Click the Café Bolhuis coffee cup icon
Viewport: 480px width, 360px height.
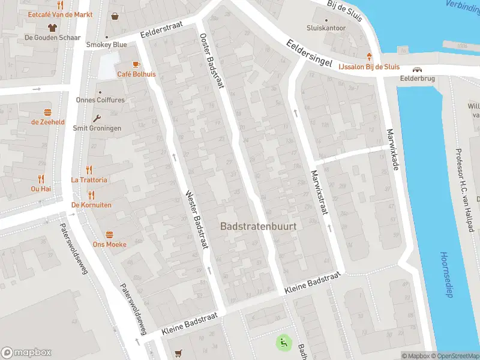[136, 64]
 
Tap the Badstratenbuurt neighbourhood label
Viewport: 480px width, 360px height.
[259, 227]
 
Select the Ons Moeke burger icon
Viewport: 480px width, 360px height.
[110, 234]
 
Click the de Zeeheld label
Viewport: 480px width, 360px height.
[48, 122]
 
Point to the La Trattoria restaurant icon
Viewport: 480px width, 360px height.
[89, 169]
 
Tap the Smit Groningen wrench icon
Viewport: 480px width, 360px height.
[97, 118]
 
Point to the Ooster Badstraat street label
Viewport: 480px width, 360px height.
[211, 61]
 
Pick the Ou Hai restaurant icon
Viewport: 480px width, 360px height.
[41, 178]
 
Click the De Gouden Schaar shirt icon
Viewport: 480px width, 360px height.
[52, 27]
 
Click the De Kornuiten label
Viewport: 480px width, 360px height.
[91, 205]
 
